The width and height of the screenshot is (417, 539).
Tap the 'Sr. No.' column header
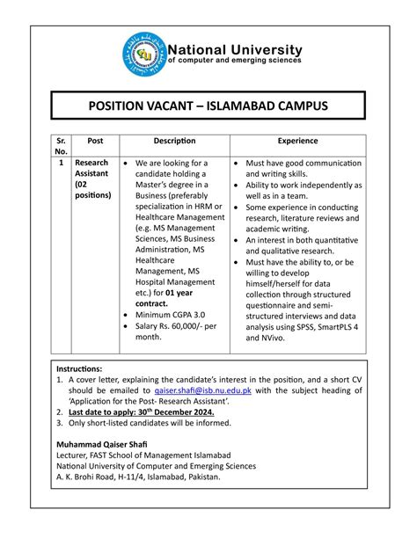tap(60, 146)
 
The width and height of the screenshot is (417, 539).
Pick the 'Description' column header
tap(174, 141)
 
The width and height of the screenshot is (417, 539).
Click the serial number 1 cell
tap(60, 164)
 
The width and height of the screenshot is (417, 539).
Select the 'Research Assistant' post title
tap(92, 169)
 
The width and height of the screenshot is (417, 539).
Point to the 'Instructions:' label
tap(80, 370)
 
